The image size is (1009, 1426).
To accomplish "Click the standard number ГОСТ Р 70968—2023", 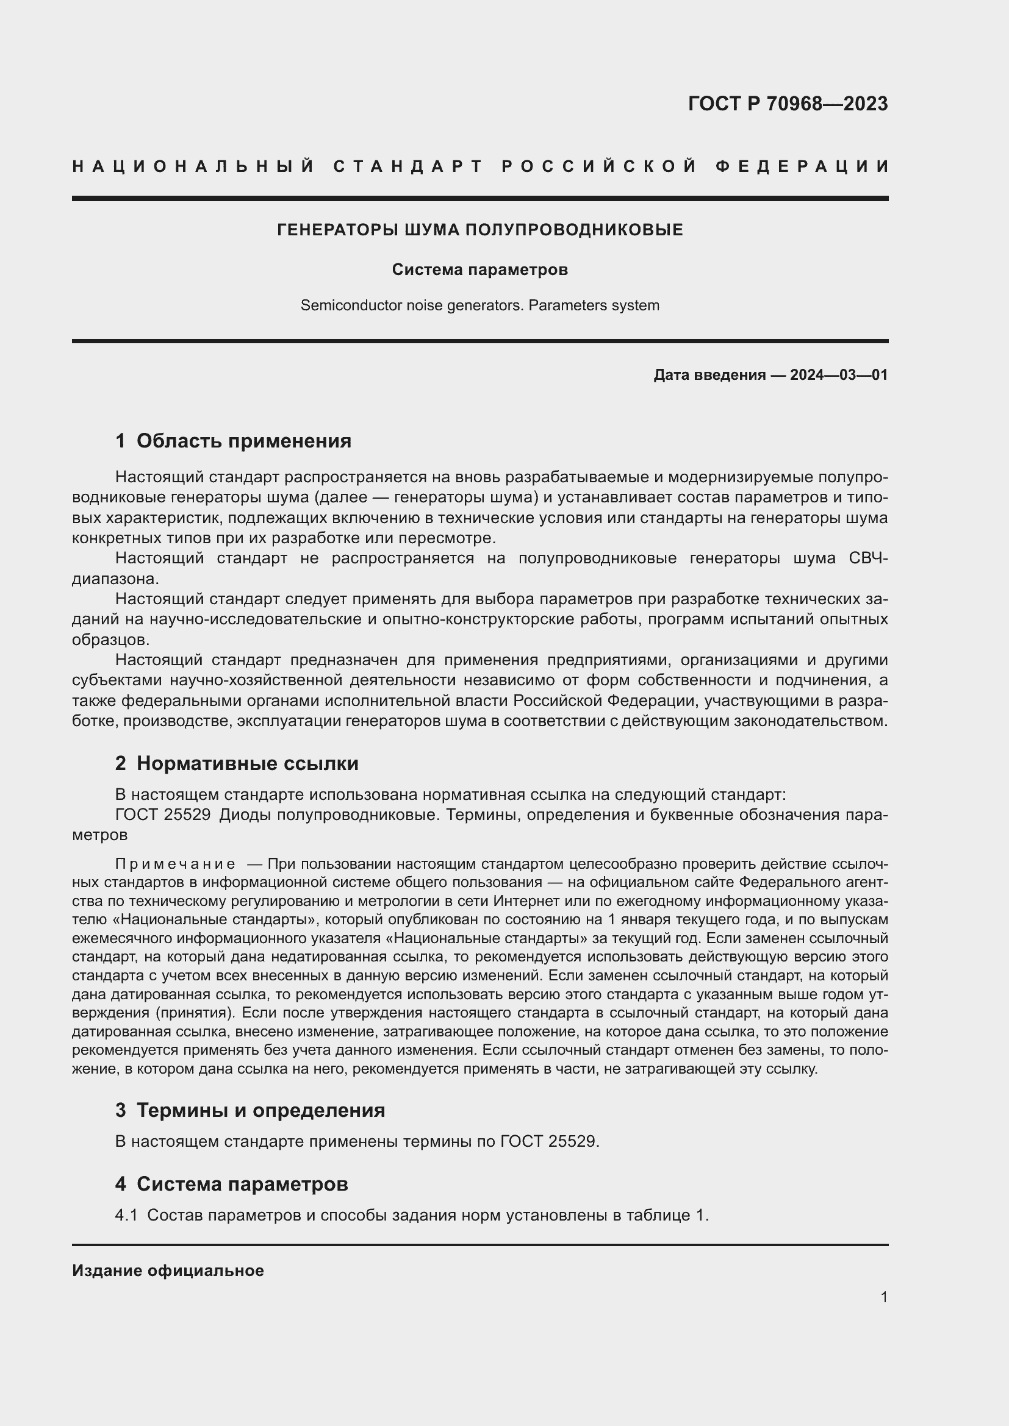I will pyautogui.click(x=787, y=104).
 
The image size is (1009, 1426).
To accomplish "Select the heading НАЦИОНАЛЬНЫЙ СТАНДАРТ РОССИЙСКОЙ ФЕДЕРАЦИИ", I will pyautogui.click(x=480, y=166).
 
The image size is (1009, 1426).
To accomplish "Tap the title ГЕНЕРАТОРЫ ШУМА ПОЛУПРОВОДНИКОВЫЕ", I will pyautogui.click(x=479, y=230).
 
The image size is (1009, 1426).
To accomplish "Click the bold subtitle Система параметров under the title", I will pyautogui.click(x=479, y=269).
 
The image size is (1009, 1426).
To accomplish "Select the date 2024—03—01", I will pyautogui.click(x=839, y=375).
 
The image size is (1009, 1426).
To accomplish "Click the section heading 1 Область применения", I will pyautogui.click(x=233, y=441).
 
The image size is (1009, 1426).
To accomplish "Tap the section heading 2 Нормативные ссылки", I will pyautogui.click(x=237, y=763).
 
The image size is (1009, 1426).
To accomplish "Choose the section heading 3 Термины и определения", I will pyautogui.click(x=250, y=1110).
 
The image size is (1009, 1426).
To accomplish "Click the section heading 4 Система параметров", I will pyautogui.click(x=231, y=1184).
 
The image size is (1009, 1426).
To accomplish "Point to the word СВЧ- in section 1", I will pyautogui.click(x=868, y=558).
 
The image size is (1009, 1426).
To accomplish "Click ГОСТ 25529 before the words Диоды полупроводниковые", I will pyautogui.click(x=163, y=815).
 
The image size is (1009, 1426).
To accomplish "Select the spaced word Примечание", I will pyautogui.click(x=175, y=865).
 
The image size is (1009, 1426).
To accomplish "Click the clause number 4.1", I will pyautogui.click(x=126, y=1216).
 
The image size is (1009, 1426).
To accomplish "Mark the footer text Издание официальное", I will pyautogui.click(x=168, y=1271).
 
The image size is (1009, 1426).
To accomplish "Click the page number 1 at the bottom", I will pyautogui.click(x=883, y=1297).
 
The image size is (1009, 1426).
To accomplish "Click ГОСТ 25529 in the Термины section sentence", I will pyautogui.click(x=547, y=1141).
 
